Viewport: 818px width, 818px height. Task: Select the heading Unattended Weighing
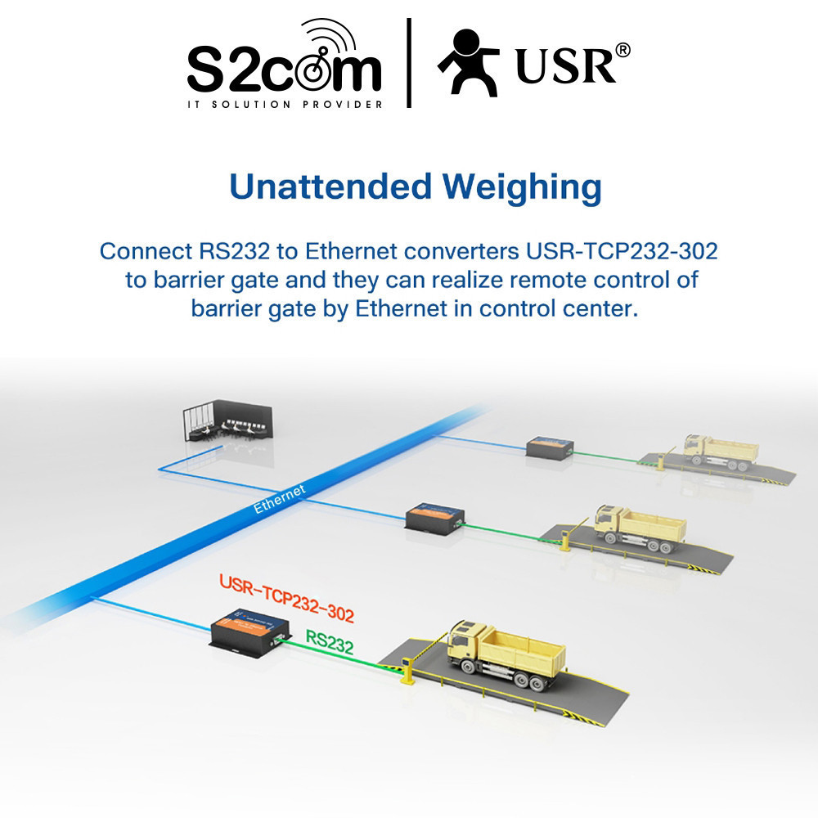pos(415,187)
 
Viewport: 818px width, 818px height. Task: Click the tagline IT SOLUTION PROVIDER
pos(285,105)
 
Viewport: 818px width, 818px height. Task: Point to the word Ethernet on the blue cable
pos(279,498)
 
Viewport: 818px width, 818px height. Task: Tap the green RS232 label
pos(329,643)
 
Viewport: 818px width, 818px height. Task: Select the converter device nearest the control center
pos(549,447)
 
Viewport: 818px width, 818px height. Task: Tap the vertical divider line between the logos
pos(408,64)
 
